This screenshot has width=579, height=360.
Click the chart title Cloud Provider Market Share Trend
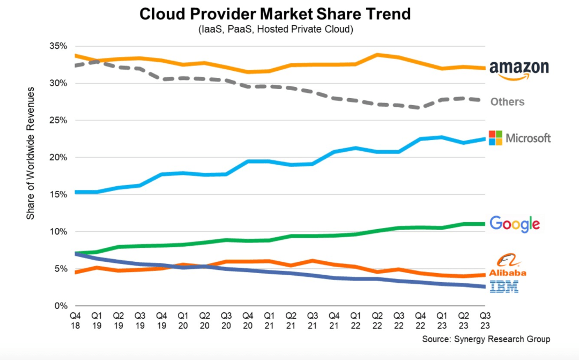click(275, 14)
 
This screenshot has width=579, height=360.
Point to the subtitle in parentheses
click(276, 30)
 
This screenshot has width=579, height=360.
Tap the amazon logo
click(519, 70)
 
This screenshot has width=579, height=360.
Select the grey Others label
click(507, 101)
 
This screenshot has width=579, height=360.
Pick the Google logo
click(515, 224)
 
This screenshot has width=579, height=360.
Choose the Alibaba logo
click(508, 265)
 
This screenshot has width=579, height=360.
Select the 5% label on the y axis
click(58, 269)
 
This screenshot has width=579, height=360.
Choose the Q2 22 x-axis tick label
click(377, 321)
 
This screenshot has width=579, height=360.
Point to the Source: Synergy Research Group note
click(486, 339)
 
